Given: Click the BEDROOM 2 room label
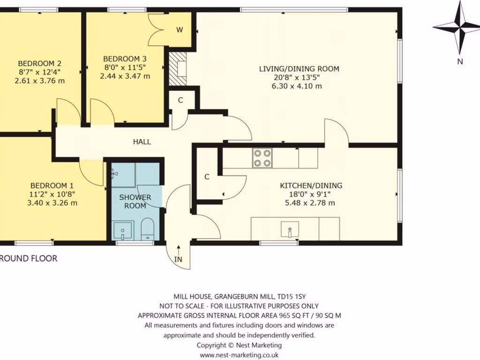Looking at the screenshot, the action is click(x=40, y=64).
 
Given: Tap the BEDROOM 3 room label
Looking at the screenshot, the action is click(x=125, y=59).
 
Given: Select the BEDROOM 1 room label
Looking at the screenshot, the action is click(x=52, y=186).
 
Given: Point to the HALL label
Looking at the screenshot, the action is click(x=142, y=142).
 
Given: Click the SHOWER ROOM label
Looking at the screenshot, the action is click(x=135, y=202).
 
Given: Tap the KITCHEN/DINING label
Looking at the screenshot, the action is click(x=311, y=186).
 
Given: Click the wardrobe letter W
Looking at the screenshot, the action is click(x=180, y=30).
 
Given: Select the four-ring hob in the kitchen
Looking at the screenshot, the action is click(x=262, y=158).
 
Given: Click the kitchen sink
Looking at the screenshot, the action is click(x=290, y=229).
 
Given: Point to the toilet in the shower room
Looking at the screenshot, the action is click(x=147, y=229).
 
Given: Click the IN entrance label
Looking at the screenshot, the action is click(x=178, y=260).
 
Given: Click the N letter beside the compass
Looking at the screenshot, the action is click(x=460, y=61).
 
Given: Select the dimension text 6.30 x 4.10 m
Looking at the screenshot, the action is click(x=297, y=86).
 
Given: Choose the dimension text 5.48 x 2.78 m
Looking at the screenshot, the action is click(x=310, y=202).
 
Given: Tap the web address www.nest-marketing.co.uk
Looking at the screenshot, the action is click(x=239, y=355).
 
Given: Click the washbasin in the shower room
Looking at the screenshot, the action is click(x=122, y=231).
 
